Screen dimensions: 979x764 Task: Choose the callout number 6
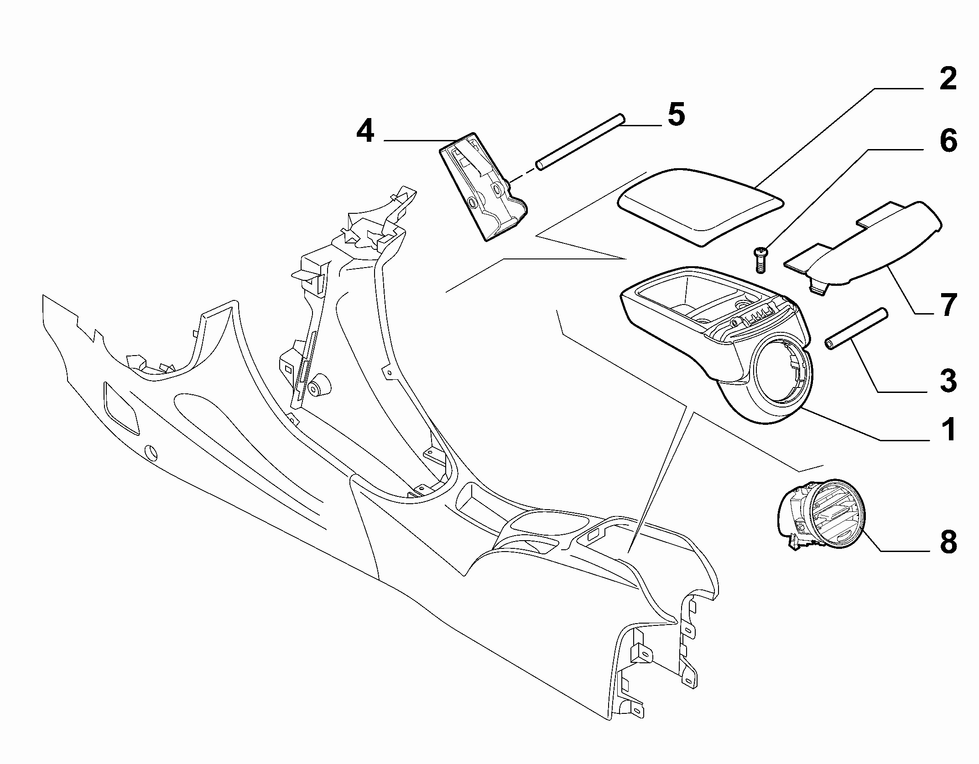point(948,141)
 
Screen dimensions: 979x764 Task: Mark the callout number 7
point(948,305)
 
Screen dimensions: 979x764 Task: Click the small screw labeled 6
point(759,259)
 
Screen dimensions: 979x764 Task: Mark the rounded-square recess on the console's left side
point(121,407)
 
